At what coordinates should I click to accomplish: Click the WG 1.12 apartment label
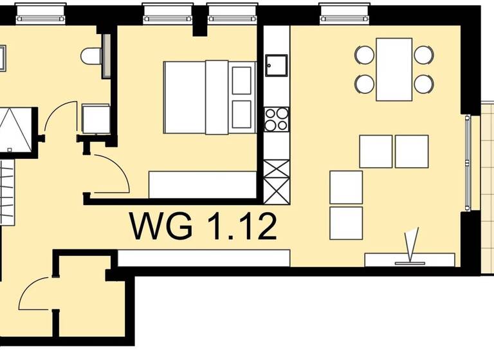pyautogui.click(x=203, y=226)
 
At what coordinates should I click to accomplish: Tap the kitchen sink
pyautogui.click(x=277, y=64)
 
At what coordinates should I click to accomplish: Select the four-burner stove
pyautogui.click(x=277, y=119)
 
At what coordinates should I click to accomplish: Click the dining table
pyautogui.click(x=394, y=69)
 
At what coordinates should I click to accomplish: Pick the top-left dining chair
pyautogui.click(x=365, y=55)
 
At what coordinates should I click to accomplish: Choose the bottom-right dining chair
pyautogui.click(x=423, y=84)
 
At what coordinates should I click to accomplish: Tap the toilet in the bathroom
pyautogui.click(x=94, y=56)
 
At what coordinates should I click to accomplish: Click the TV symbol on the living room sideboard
pyautogui.click(x=411, y=248)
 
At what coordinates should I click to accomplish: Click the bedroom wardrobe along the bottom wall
pyautogui.click(x=202, y=184)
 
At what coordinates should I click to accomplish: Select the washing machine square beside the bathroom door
pyautogui.click(x=95, y=118)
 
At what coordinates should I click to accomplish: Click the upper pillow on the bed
pyautogui.click(x=243, y=79)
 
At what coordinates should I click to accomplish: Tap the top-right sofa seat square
pyautogui.click(x=412, y=151)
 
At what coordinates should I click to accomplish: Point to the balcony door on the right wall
pyautogui.click(x=470, y=164)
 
